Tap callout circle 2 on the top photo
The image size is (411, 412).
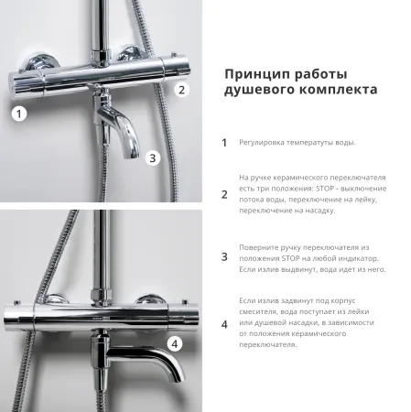tap(181, 89)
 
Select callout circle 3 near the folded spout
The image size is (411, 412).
tap(153, 157)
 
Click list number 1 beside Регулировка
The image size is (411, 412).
tap(224, 143)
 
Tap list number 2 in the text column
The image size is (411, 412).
tap(224, 193)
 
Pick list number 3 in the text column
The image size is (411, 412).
tap(224, 257)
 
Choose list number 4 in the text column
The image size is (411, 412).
tap(224, 323)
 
